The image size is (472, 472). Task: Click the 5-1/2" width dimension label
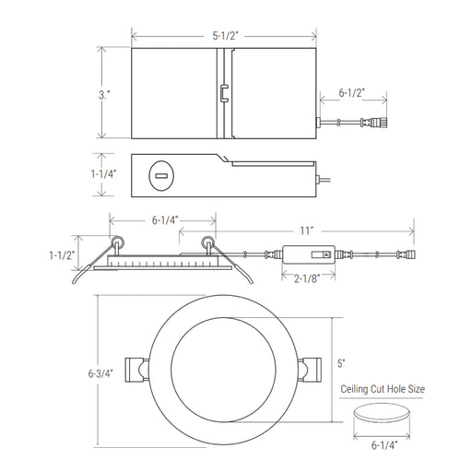tap(225, 36)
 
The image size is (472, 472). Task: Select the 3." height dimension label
tap(104, 95)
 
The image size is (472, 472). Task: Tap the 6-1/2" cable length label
tap(352, 93)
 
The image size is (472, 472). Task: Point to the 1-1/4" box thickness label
tap(103, 174)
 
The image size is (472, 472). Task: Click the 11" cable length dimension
tap(307, 230)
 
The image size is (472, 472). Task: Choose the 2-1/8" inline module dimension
tap(307, 278)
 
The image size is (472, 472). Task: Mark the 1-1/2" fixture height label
tap(62, 255)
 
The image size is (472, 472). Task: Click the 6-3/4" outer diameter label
tap(100, 373)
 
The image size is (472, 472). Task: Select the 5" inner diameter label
tap(341, 363)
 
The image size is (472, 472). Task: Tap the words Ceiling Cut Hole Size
tap(383, 389)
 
